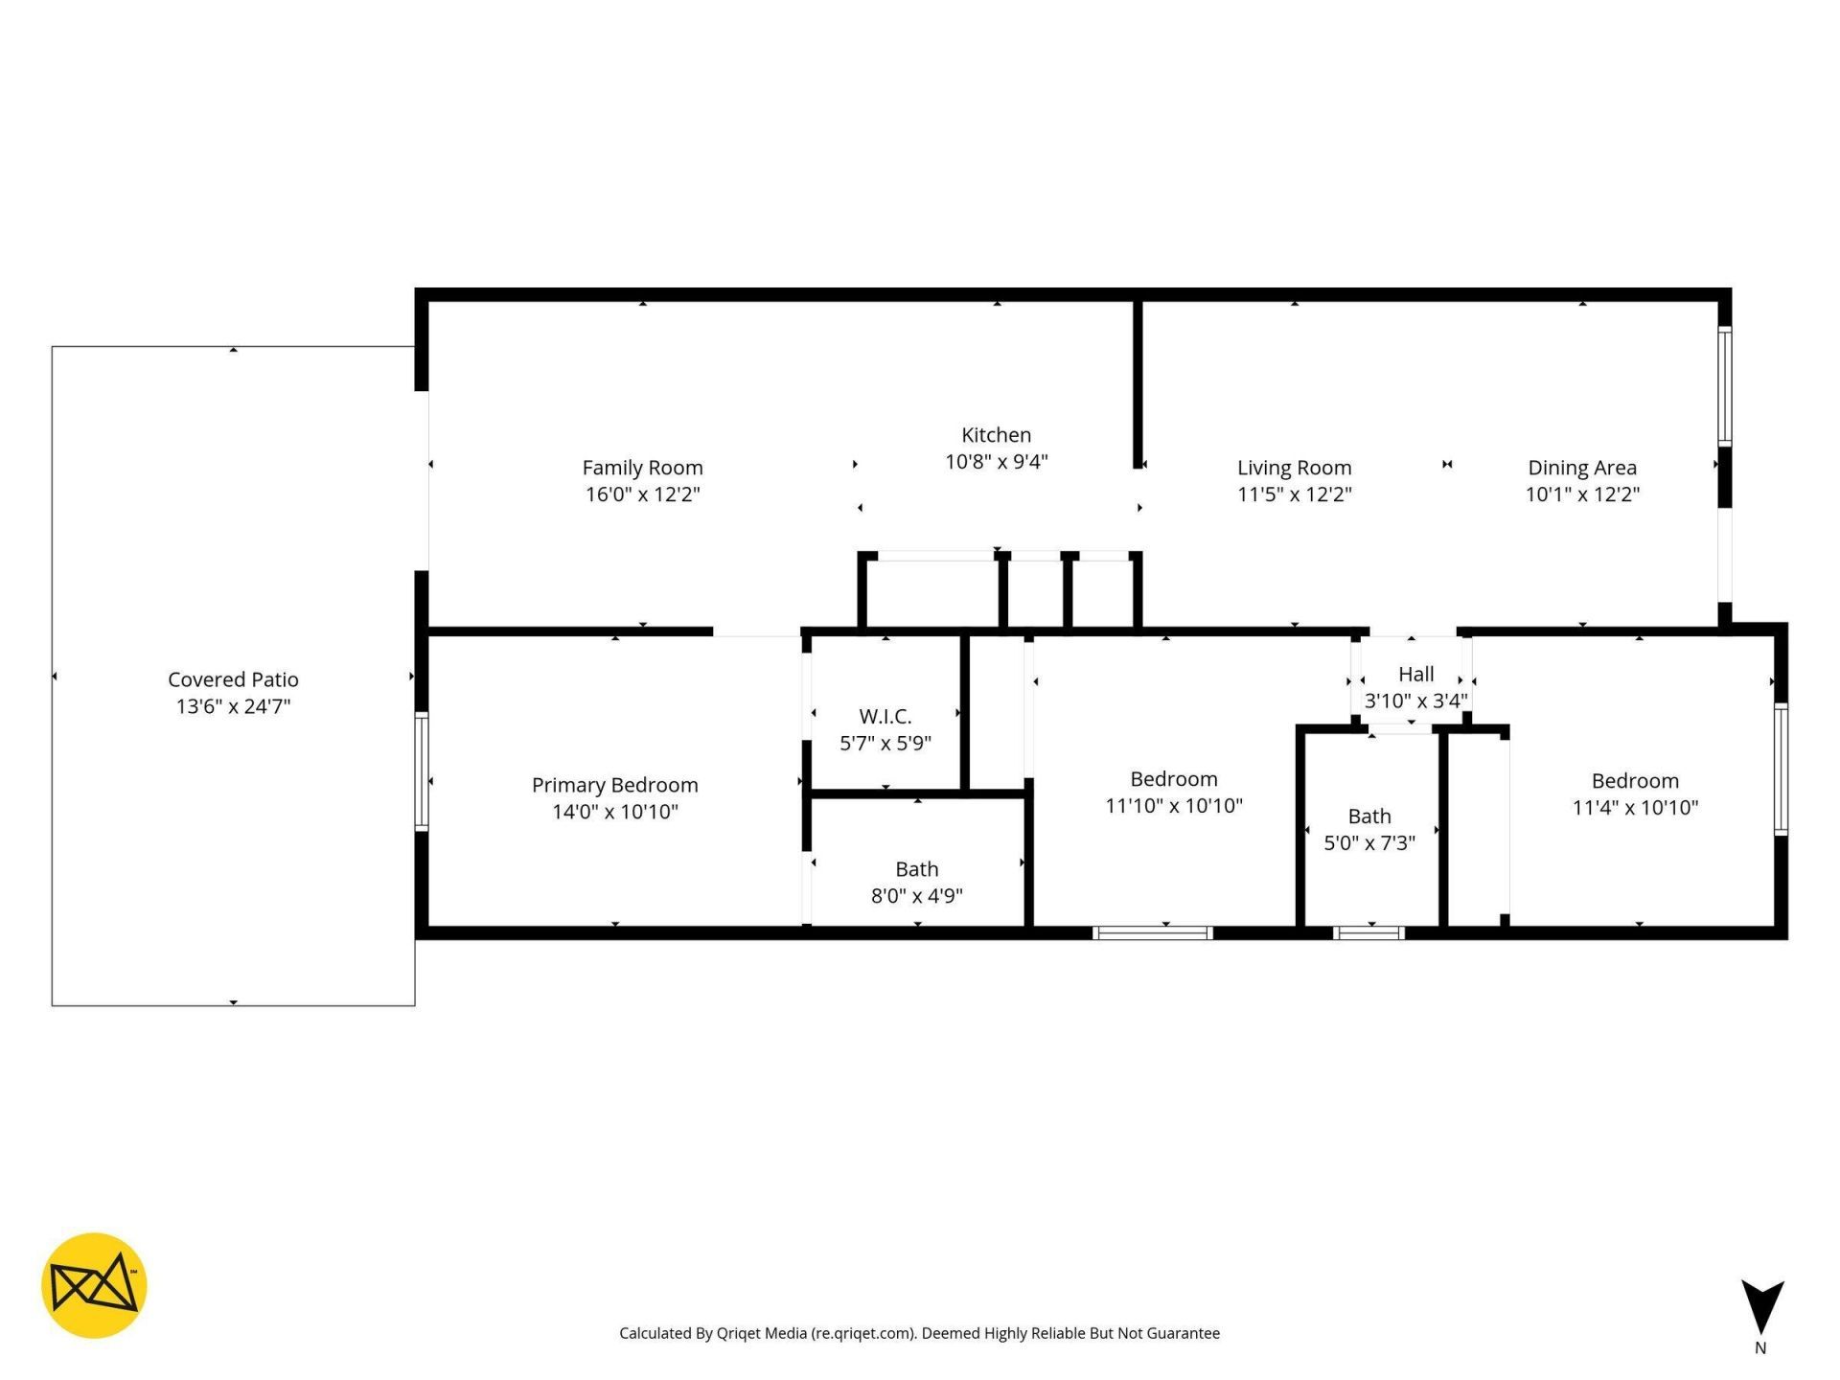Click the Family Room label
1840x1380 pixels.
coord(642,468)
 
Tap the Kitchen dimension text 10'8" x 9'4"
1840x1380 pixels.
coord(996,462)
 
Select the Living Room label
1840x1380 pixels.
coord(1294,468)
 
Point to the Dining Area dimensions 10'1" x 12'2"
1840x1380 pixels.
coord(1582,494)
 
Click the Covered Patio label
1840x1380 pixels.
coord(233,679)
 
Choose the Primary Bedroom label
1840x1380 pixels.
coord(614,785)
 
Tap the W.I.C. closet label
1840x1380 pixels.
coord(885,717)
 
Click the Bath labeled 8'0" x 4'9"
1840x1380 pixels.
coord(916,869)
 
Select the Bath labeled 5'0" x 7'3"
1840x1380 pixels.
coord(1368,816)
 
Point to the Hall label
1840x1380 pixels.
coord(1415,674)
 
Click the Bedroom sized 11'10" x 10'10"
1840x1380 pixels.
coord(1173,779)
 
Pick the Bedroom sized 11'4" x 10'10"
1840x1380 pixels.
coord(1634,781)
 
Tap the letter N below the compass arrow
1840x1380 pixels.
coord(1760,1348)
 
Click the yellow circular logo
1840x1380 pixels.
coord(94,1285)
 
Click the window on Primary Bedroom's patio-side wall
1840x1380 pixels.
coord(421,770)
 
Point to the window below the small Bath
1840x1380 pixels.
coord(1368,932)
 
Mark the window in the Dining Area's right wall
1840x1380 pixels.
coord(1724,386)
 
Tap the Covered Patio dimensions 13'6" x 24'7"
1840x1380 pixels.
coord(233,706)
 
